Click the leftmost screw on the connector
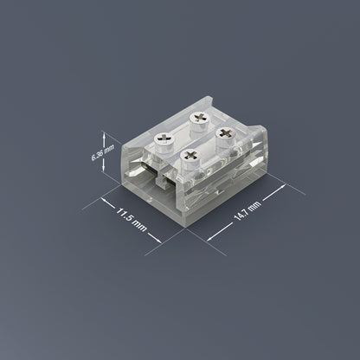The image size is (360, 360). (162, 139)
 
